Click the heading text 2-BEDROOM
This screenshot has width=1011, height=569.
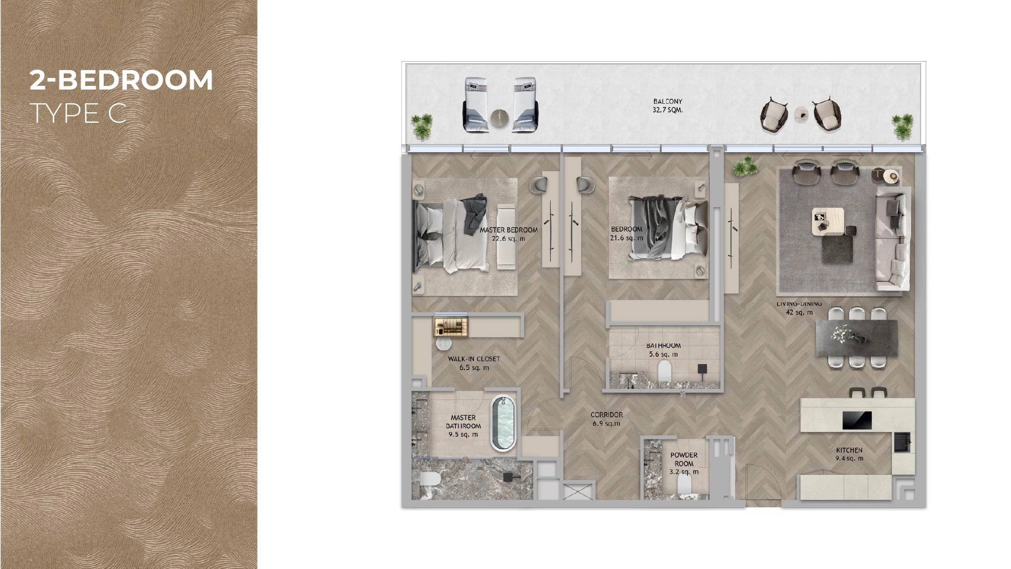121,81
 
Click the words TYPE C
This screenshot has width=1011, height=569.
78,114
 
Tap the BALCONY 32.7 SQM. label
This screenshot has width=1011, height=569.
668,106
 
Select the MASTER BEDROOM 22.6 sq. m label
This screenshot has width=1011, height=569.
508,234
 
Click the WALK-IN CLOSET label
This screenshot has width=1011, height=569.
474,363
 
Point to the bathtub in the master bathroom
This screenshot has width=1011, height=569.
503,424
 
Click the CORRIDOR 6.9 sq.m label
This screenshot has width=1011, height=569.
607,419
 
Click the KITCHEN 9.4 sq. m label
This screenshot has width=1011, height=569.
849,454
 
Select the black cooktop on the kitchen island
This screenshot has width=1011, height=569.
857,420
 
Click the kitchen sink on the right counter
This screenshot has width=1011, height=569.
901,442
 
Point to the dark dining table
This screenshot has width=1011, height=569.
856,338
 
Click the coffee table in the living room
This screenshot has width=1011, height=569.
828,221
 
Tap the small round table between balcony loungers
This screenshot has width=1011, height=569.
499,119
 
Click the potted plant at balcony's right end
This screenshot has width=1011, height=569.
902,126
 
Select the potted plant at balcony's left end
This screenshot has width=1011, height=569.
422,125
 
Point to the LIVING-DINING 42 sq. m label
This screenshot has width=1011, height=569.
799,308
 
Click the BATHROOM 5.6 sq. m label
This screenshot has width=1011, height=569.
663,350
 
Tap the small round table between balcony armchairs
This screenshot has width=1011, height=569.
801,114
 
